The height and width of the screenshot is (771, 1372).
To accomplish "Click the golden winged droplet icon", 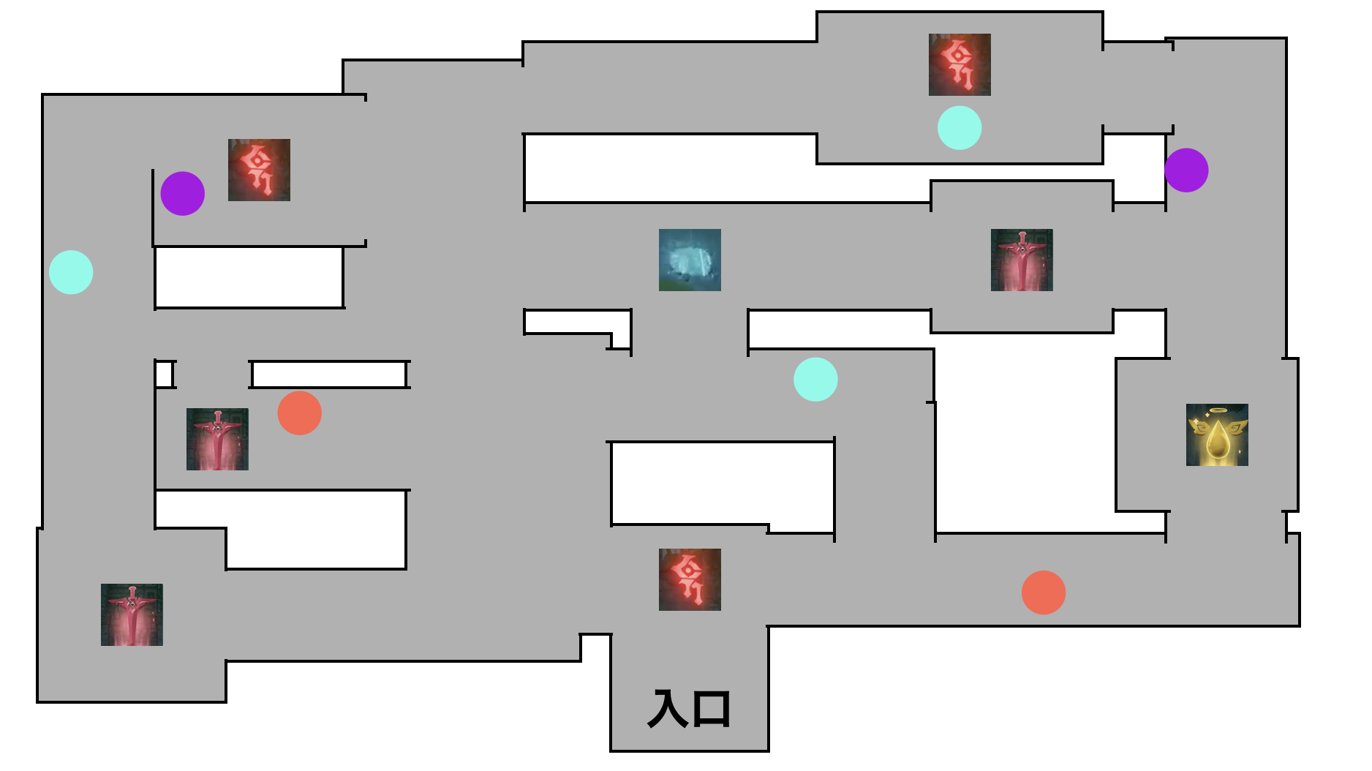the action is point(1217,435).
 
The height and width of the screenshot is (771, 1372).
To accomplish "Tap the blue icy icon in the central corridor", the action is point(690,260).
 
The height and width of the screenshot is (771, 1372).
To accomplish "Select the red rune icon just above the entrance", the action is point(690,579).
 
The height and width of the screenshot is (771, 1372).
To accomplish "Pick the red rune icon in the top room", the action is point(960,64).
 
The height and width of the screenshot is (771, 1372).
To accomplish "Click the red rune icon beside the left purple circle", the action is point(259,170).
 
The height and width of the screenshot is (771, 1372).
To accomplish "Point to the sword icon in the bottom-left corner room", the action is point(132,614).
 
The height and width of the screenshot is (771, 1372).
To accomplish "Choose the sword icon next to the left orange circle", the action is point(217,439).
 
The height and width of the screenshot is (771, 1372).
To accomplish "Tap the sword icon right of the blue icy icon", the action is point(1022,260).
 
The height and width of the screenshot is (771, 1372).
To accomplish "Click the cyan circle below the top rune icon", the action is point(960,128).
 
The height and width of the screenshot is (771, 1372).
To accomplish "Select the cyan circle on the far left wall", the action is point(71,272).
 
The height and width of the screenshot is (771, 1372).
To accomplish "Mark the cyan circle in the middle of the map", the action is point(815,379).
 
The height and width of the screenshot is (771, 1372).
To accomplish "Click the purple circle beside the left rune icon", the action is point(183,194).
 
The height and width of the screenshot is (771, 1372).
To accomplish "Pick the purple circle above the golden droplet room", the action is point(1186,170).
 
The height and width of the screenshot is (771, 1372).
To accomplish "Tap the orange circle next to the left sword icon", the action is point(300,413).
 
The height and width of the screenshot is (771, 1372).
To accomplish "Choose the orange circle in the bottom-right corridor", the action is point(1044,593).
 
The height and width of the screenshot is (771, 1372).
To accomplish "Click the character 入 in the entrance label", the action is point(668,709).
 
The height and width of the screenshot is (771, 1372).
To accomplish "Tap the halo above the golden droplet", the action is point(1217,410).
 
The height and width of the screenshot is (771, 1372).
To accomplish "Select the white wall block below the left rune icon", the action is point(249,277).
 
